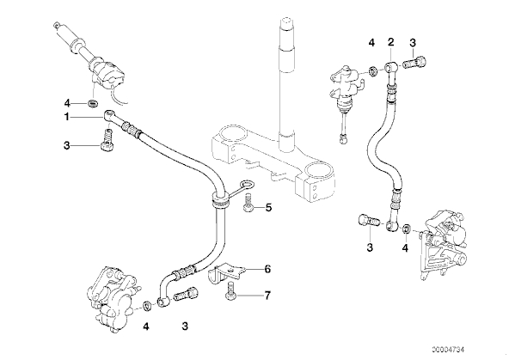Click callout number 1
tap(66, 117)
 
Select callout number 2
tap(391, 41)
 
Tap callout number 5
tap(268, 207)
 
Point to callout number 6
tap(267, 269)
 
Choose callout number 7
tap(267, 296)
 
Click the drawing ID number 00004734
tap(449, 350)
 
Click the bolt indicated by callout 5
tap(248, 202)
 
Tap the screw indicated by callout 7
tap(230, 290)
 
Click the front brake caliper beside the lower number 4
tap(111, 298)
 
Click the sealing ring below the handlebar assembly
tap(93, 103)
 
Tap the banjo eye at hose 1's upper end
tap(108, 114)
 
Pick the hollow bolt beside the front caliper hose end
tap(187, 294)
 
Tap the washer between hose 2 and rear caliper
tap(406, 228)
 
